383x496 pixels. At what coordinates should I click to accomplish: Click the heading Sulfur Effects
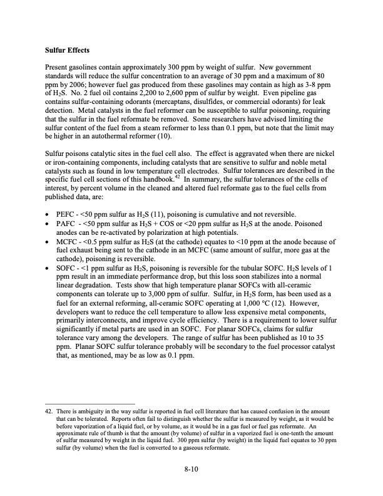[x=70, y=48]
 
